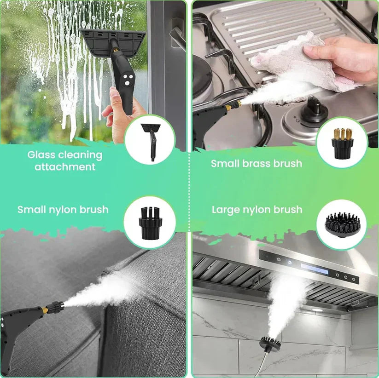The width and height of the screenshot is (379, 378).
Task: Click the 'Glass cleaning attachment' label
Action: (64, 160)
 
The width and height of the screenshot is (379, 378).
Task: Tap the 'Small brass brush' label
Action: (257, 163)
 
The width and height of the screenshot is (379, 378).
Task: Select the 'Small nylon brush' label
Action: (63, 210)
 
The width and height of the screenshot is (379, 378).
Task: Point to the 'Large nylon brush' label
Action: (257, 210)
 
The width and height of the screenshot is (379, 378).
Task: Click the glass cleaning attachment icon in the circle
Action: (150, 139)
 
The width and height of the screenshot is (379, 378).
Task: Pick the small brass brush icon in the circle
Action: (342, 142)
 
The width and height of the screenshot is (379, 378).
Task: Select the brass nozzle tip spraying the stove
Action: (234, 105)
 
